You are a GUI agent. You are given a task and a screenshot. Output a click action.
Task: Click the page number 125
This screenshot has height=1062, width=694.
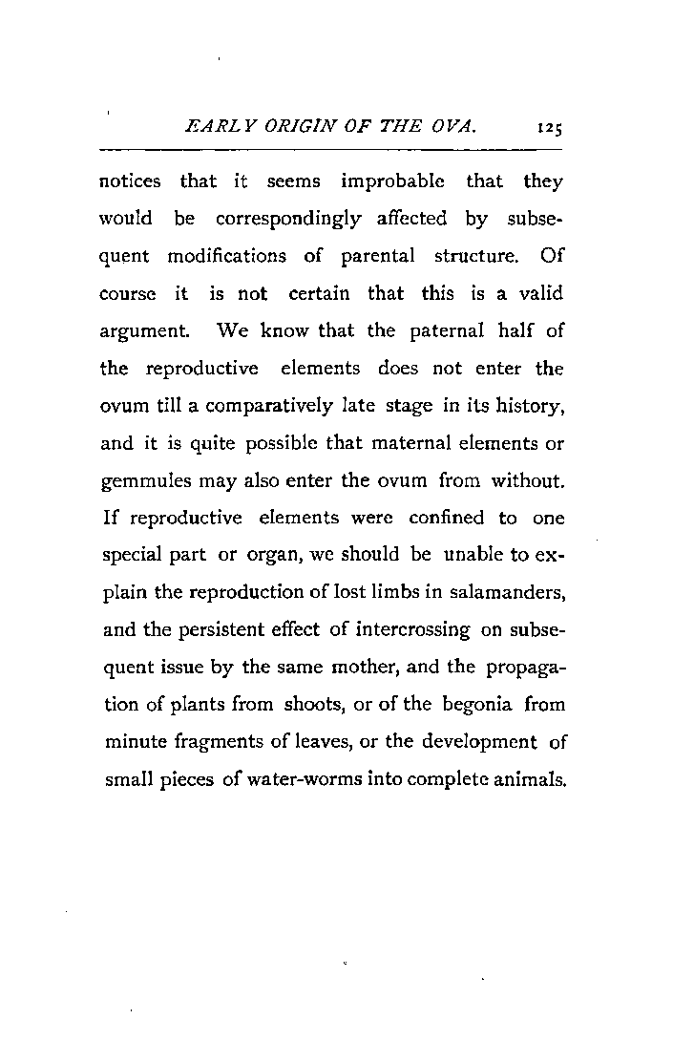pos(549,125)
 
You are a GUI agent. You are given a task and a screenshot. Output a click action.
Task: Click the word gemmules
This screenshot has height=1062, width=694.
pos(139,481)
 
